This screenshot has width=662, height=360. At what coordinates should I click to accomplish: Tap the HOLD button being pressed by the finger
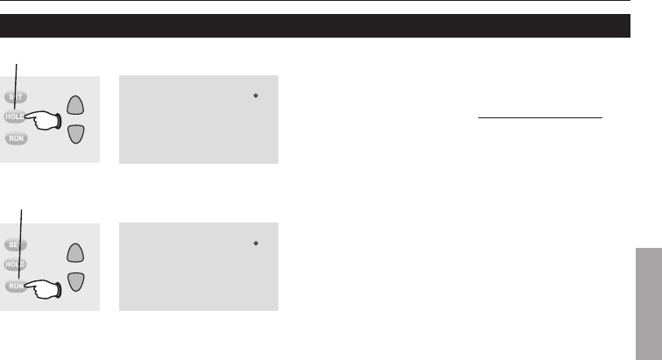click(x=13, y=116)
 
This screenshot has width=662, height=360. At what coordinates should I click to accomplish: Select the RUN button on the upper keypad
click(x=15, y=138)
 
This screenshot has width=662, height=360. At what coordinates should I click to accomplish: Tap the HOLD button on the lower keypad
click(x=15, y=264)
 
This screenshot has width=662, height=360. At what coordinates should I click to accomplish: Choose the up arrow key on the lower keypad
click(x=76, y=254)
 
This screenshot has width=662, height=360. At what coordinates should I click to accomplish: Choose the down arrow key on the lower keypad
click(x=76, y=281)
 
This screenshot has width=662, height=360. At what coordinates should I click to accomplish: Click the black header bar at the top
click(x=315, y=25)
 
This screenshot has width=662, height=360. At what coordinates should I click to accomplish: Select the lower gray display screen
click(x=197, y=267)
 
